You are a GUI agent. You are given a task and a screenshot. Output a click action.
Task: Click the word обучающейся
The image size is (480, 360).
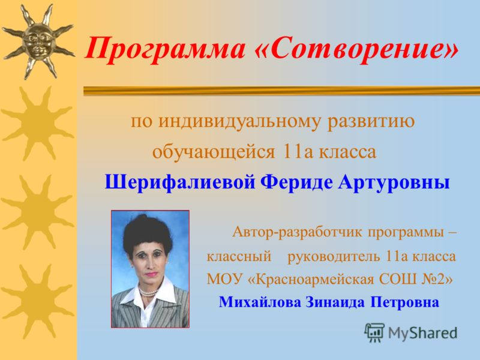click(212, 152)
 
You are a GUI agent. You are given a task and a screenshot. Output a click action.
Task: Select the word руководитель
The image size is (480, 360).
click(334, 257)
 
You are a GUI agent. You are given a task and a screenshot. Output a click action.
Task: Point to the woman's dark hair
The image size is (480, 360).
click(148, 230)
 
